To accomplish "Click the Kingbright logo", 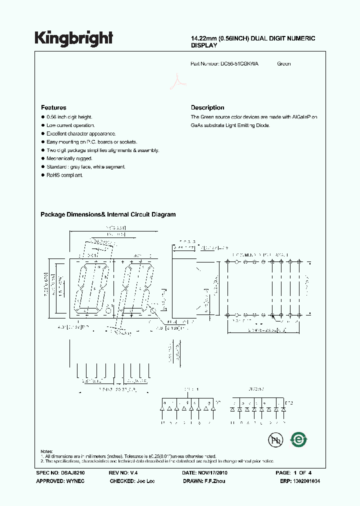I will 74,38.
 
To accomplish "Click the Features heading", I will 53,107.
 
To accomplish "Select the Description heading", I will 207,107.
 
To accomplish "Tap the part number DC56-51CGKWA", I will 239,64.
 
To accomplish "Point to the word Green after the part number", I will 283,64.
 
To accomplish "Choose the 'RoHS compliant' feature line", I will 64,175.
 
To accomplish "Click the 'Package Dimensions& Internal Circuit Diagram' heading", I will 108,214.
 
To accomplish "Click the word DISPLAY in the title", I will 204,45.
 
